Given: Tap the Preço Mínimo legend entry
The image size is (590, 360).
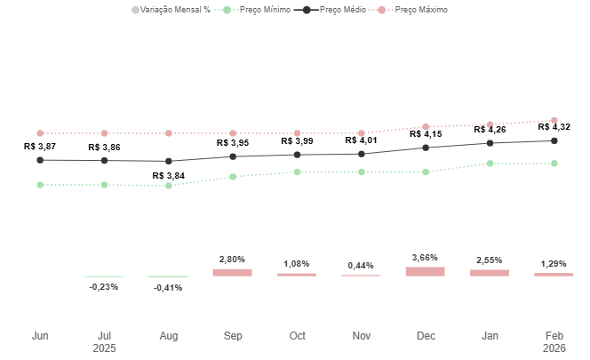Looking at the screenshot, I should (265, 10).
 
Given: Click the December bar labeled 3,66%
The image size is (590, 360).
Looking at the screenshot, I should (426, 271).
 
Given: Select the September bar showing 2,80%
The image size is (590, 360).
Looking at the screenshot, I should (233, 273).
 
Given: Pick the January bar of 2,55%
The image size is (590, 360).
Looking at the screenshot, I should (490, 273).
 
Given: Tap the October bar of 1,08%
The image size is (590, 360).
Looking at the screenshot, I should (297, 275).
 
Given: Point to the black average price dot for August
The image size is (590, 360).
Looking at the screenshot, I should (169, 162).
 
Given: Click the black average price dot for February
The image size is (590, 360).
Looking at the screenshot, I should (554, 140).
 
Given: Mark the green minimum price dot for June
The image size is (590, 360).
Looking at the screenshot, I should (40, 185).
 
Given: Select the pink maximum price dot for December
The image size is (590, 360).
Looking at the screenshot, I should (426, 127).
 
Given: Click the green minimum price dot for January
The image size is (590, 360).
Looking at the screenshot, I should (490, 164).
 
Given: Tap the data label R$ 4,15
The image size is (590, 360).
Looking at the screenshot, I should (426, 134).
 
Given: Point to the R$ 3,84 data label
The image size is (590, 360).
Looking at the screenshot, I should (169, 176).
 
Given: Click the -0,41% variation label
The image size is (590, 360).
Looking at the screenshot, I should (169, 288).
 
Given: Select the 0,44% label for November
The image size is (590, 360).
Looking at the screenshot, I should (361, 266).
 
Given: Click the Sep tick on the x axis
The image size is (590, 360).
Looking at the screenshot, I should (233, 336).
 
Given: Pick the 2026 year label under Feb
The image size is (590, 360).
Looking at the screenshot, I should (554, 348).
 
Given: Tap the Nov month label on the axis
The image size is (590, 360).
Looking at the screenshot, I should (361, 336).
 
